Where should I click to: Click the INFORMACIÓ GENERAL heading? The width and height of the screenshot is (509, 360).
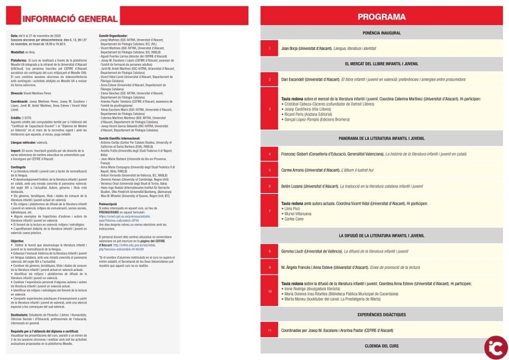tap(70, 19)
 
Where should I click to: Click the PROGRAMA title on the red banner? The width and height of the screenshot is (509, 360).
tap(381, 17)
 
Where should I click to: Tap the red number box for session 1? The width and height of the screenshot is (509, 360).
tap(269, 48)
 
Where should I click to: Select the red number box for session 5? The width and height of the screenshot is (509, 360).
tap(269, 170)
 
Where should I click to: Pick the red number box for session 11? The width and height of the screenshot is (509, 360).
tap(269, 330)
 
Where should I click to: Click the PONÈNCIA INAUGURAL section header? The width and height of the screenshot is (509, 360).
tap(381, 33)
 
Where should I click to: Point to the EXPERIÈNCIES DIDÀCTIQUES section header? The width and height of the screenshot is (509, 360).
tap(381, 314)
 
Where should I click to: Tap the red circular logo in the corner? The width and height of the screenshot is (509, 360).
tap(495, 346)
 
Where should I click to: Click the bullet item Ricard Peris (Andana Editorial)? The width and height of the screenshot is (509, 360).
tap(309, 115)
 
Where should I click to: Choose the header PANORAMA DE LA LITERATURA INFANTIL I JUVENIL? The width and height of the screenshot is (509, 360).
tap(381, 138)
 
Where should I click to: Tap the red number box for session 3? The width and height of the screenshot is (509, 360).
tap(269, 109)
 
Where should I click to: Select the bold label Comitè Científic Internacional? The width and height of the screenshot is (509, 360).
tap(119, 138)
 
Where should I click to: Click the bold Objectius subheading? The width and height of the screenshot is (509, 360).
tap(17, 241)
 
